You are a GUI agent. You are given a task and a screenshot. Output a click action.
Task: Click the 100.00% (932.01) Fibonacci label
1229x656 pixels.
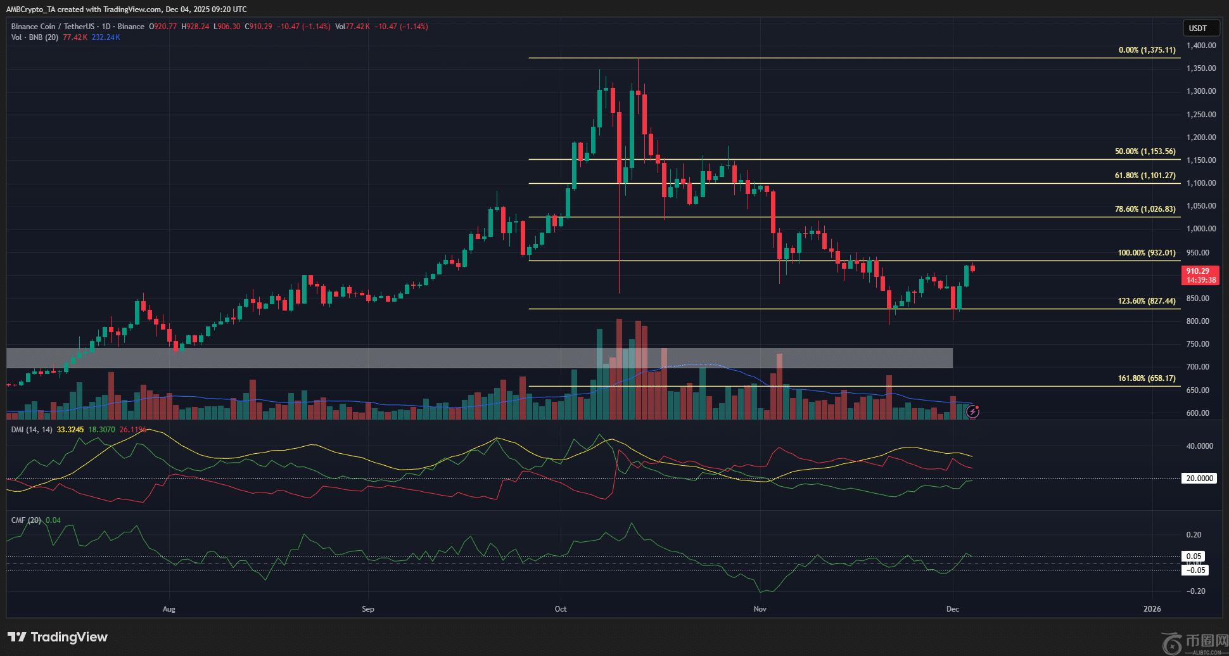[x=1146, y=253]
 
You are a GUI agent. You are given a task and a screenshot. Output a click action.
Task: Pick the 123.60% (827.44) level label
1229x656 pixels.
[x=1146, y=301]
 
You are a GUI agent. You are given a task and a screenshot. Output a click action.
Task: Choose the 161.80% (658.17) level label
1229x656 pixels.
[x=1146, y=378]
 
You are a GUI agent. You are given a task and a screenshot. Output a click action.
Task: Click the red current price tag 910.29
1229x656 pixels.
[x=1199, y=271]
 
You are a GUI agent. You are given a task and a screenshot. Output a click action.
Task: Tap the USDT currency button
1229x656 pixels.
[x=1197, y=28]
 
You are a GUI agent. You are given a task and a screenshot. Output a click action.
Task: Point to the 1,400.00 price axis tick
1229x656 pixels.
[x=1201, y=46]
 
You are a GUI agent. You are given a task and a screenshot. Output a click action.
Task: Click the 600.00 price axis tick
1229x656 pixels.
[x=1201, y=413]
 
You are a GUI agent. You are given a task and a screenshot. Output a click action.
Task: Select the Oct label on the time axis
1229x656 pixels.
[x=561, y=609]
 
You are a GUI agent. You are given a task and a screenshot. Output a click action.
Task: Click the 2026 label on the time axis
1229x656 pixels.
[x=1152, y=609]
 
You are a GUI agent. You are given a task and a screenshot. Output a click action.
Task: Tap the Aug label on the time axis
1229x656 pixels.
[x=169, y=609]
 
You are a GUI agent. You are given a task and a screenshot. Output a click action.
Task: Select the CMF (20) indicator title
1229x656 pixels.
[x=26, y=520]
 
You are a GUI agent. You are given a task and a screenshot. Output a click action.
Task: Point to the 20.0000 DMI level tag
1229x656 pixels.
[x=1199, y=479]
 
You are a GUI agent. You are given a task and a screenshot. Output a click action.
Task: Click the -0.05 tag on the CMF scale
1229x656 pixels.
[x=1195, y=570]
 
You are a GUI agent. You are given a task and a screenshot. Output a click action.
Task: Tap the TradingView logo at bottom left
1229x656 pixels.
[x=58, y=637]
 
